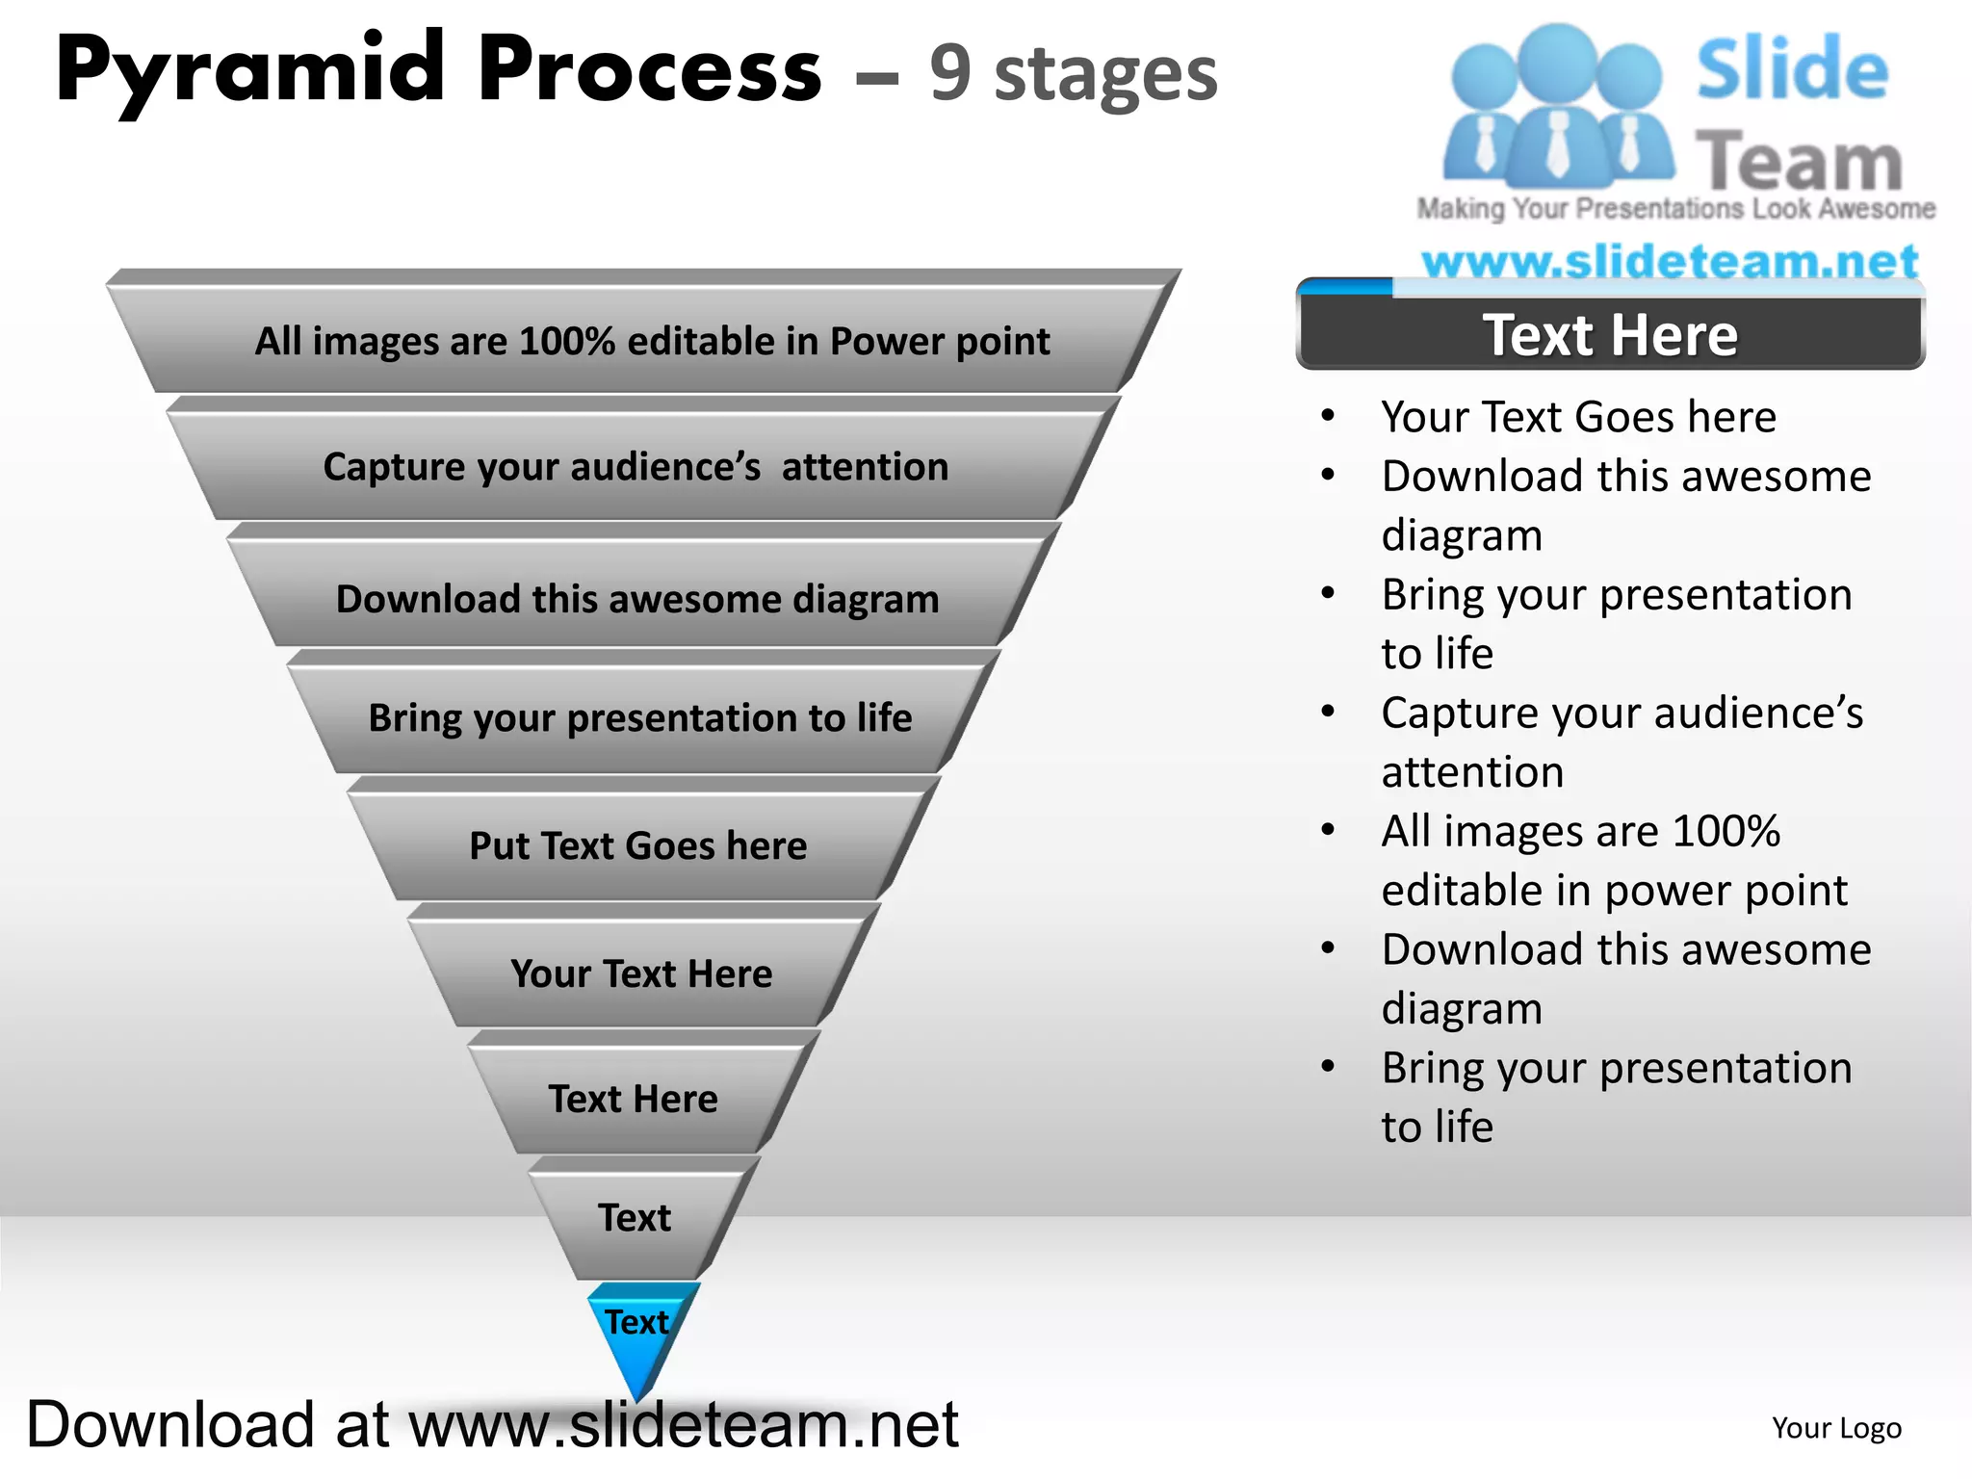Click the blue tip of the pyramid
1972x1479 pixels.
click(637, 1334)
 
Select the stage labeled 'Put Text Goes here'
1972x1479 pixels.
click(638, 845)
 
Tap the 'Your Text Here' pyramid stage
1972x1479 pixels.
click(641, 973)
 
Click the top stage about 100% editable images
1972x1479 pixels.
click(652, 341)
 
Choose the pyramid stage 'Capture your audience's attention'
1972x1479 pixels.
click(636, 467)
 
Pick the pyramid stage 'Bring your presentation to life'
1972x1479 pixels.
click(640, 717)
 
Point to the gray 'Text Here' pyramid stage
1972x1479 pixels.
click(634, 1099)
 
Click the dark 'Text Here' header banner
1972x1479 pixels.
click(1610, 335)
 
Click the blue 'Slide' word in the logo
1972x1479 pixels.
click(1792, 69)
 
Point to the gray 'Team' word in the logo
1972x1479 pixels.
click(1799, 160)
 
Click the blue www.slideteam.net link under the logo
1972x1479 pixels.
click(1670, 261)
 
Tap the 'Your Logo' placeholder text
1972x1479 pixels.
click(1836, 1428)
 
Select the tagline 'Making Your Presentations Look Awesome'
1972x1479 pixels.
click(1675, 209)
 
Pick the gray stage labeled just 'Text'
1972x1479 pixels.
click(635, 1218)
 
